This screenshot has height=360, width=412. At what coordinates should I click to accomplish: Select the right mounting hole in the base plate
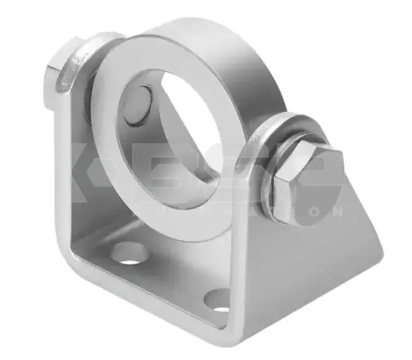(219, 301)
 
